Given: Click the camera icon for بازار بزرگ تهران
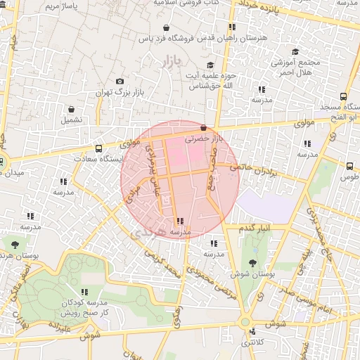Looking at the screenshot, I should coord(120,82).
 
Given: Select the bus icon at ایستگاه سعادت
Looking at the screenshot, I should coord(98,148).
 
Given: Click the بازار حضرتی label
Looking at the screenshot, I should coord(203,139).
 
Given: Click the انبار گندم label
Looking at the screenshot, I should coord(255,229).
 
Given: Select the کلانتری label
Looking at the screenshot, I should coord(254,342).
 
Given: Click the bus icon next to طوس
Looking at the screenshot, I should coord(349,166).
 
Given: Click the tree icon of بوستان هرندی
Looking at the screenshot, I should coord(15,245).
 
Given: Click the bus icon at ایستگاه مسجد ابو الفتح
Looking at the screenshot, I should coord(343,96).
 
